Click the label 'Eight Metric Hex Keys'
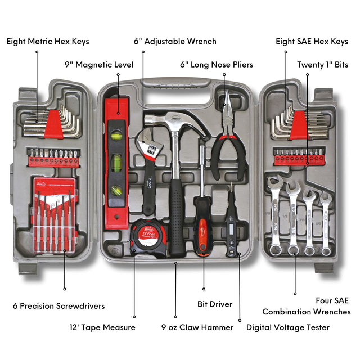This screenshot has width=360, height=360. tap(48, 42)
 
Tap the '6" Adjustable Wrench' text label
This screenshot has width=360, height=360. tap(175, 42)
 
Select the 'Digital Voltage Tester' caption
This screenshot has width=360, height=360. tap(288, 327)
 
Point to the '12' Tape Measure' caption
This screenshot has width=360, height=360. tap(102, 327)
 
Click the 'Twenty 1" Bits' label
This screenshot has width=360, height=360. tap(322, 65)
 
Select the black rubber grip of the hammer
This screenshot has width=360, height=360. tap(176, 219)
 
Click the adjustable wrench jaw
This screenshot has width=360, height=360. tap(147, 147)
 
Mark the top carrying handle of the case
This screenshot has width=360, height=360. tap(180, 84)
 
